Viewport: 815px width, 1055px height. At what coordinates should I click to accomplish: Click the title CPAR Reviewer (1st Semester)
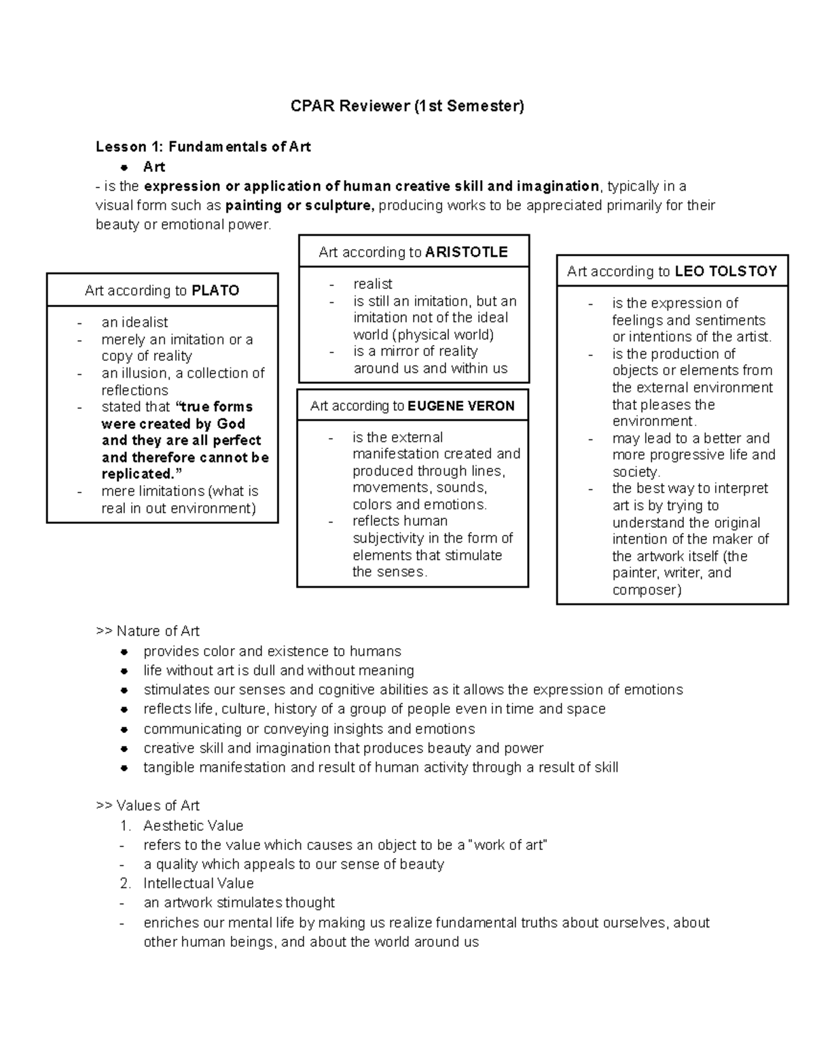click(407, 106)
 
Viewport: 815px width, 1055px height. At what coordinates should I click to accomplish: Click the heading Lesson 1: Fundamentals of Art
click(203, 147)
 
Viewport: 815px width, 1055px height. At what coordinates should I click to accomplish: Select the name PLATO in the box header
click(215, 291)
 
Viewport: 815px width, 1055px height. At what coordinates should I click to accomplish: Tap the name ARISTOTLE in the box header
click(466, 252)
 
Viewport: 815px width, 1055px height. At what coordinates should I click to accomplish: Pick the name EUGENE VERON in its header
click(461, 406)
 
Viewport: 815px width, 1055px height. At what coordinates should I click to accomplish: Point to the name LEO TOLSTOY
click(725, 272)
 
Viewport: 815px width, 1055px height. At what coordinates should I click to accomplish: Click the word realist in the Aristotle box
click(373, 284)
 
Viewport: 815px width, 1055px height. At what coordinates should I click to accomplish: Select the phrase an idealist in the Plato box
click(134, 323)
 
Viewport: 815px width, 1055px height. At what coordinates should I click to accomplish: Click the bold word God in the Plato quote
click(231, 424)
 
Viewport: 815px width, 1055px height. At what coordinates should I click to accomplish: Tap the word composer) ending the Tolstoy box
click(647, 590)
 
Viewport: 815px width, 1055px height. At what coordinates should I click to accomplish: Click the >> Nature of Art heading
click(148, 631)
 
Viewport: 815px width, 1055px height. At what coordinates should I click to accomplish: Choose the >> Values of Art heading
click(148, 806)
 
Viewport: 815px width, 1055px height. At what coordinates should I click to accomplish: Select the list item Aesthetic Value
click(193, 825)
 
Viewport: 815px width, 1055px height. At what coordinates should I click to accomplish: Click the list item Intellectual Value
click(198, 883)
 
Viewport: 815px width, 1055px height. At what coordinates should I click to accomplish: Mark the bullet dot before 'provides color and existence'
click(124, 651)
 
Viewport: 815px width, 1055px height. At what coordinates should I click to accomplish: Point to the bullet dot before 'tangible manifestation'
click(124, 768)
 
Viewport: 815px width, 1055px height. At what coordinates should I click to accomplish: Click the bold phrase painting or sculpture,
click(300, 206)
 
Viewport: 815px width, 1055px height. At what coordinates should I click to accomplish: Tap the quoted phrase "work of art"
click(502, 845)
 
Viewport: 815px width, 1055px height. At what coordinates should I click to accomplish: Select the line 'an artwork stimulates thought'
click(239, 903)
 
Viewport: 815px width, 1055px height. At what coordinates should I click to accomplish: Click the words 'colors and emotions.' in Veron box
click(420, 505)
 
